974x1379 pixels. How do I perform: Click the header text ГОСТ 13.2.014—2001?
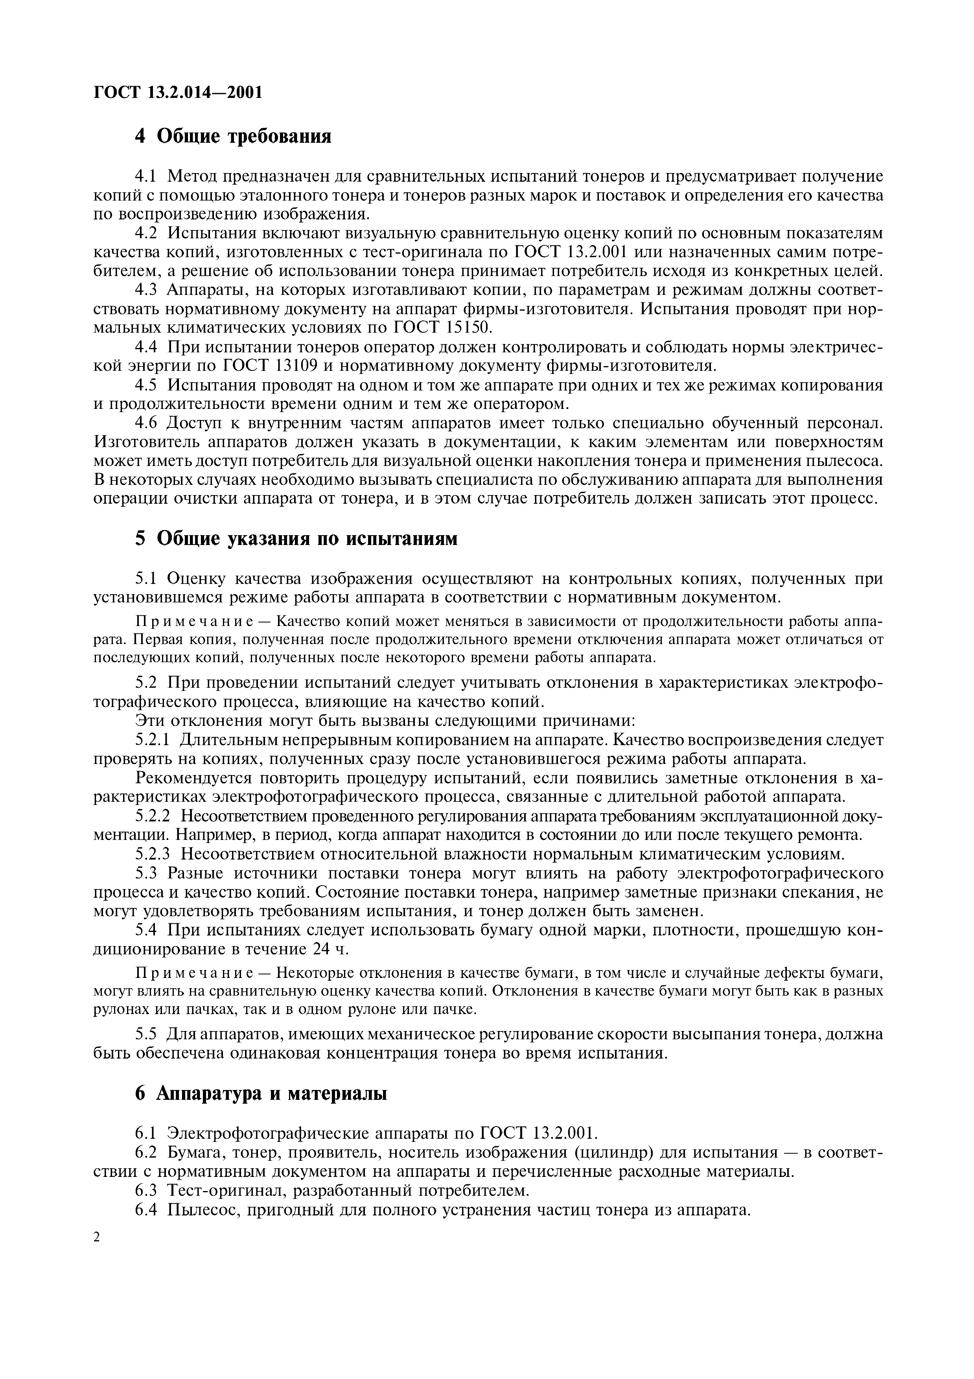(x=179, y=92)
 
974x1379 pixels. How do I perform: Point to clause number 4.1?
(x=146, y=176)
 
